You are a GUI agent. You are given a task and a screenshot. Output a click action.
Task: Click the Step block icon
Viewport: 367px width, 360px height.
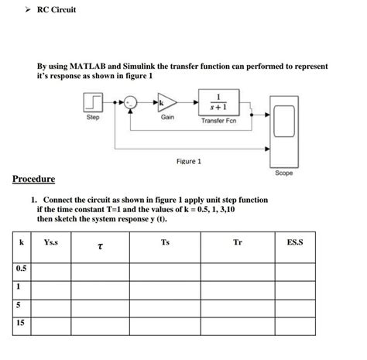point(92,103)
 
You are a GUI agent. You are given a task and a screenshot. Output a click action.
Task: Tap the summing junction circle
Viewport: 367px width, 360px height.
point(131,102)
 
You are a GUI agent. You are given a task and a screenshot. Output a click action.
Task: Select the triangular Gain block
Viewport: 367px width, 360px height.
point(167,103)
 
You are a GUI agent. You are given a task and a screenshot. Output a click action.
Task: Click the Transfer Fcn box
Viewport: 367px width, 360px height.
point(221,101)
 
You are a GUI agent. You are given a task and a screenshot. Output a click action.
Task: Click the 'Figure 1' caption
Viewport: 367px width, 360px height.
point(188,161)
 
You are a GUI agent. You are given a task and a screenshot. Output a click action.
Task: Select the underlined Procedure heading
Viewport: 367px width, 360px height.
point(33,180)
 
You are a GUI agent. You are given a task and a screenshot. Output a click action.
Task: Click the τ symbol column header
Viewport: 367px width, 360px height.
point(100,247)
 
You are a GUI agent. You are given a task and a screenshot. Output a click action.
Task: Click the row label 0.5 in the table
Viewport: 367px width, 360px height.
point(20,268)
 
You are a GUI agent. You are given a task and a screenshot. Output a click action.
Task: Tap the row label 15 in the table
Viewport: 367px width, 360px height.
point(19,324)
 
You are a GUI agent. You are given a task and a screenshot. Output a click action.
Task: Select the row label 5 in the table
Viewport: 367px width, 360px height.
point(18,305)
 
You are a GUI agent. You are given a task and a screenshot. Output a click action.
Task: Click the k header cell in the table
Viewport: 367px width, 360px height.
point(21,243)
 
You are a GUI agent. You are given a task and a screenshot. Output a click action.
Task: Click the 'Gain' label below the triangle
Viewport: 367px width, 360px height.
point(167,118)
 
